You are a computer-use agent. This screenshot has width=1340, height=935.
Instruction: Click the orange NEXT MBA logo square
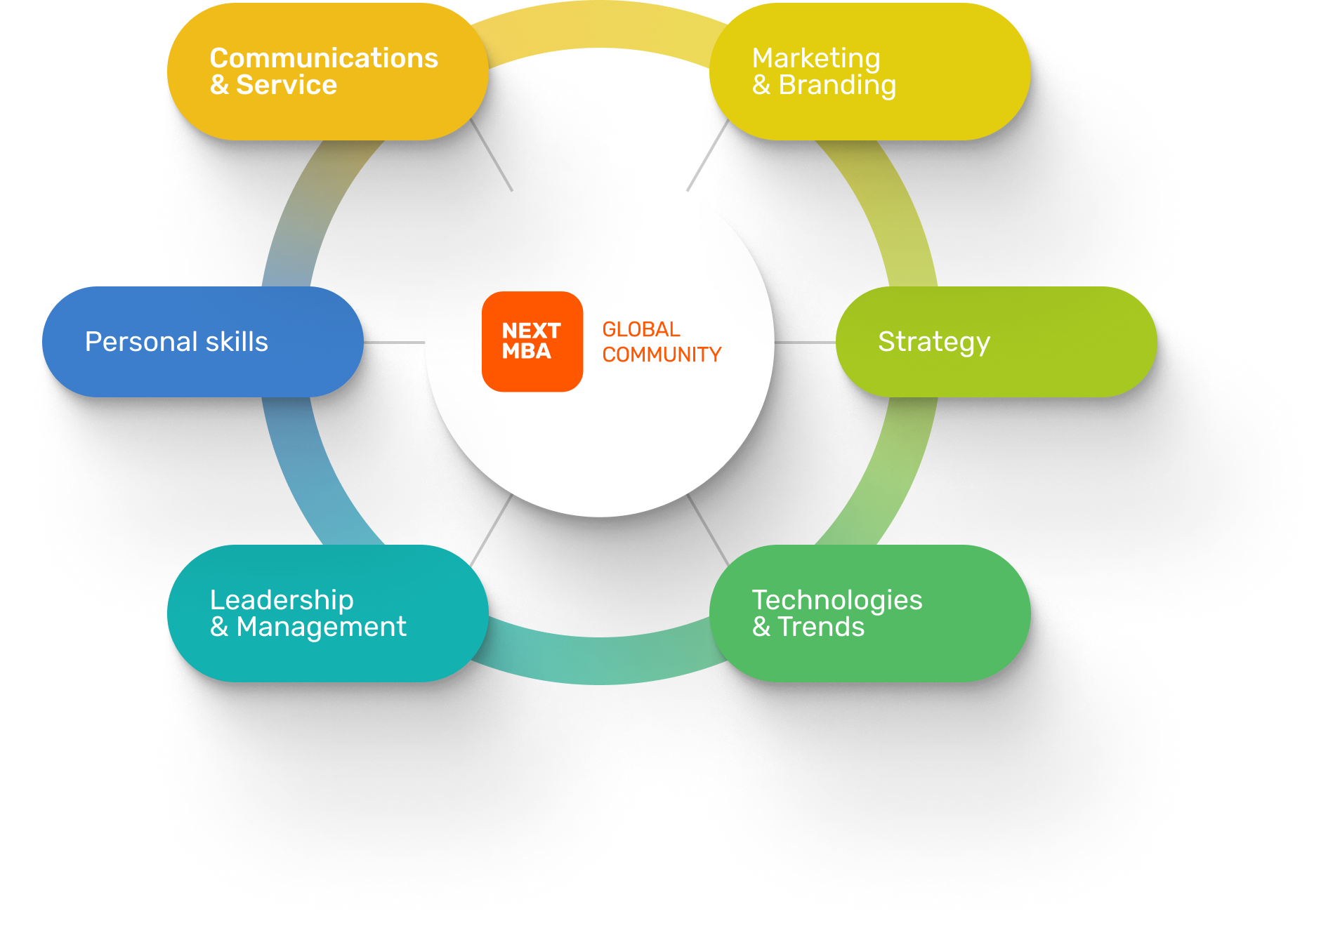(x=532, y=341)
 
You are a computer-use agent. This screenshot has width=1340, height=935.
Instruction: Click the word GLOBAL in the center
(x=641, y=329)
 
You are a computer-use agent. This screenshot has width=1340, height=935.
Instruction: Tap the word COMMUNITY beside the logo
(x=662, y=354)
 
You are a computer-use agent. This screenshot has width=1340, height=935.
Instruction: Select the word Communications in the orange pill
(x=324, y=58)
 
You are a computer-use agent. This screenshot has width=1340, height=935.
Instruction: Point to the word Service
(x=287, y=85)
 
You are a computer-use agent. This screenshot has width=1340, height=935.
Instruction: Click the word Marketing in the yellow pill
(x=816, y=59)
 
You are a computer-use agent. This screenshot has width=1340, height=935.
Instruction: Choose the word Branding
(x=837, y=86)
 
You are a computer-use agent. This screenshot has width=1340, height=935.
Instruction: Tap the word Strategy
(x=934, y=342)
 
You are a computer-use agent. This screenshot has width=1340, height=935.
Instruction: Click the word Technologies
(x=837, y=601)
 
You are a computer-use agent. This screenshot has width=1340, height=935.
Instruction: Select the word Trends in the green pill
(x=821, y=627)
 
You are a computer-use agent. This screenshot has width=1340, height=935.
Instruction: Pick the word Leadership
(x=282, y=601)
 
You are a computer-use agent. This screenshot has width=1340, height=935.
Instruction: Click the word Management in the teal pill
(x=321, y=628)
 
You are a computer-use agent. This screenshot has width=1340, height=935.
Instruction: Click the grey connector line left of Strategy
(x=805, y=343)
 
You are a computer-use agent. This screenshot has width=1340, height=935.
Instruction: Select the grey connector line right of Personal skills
(x=394, y=343)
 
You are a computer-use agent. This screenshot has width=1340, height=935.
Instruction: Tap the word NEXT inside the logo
(x=531, y=331)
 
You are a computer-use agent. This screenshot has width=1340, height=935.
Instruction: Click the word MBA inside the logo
(x=527, y=351)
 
